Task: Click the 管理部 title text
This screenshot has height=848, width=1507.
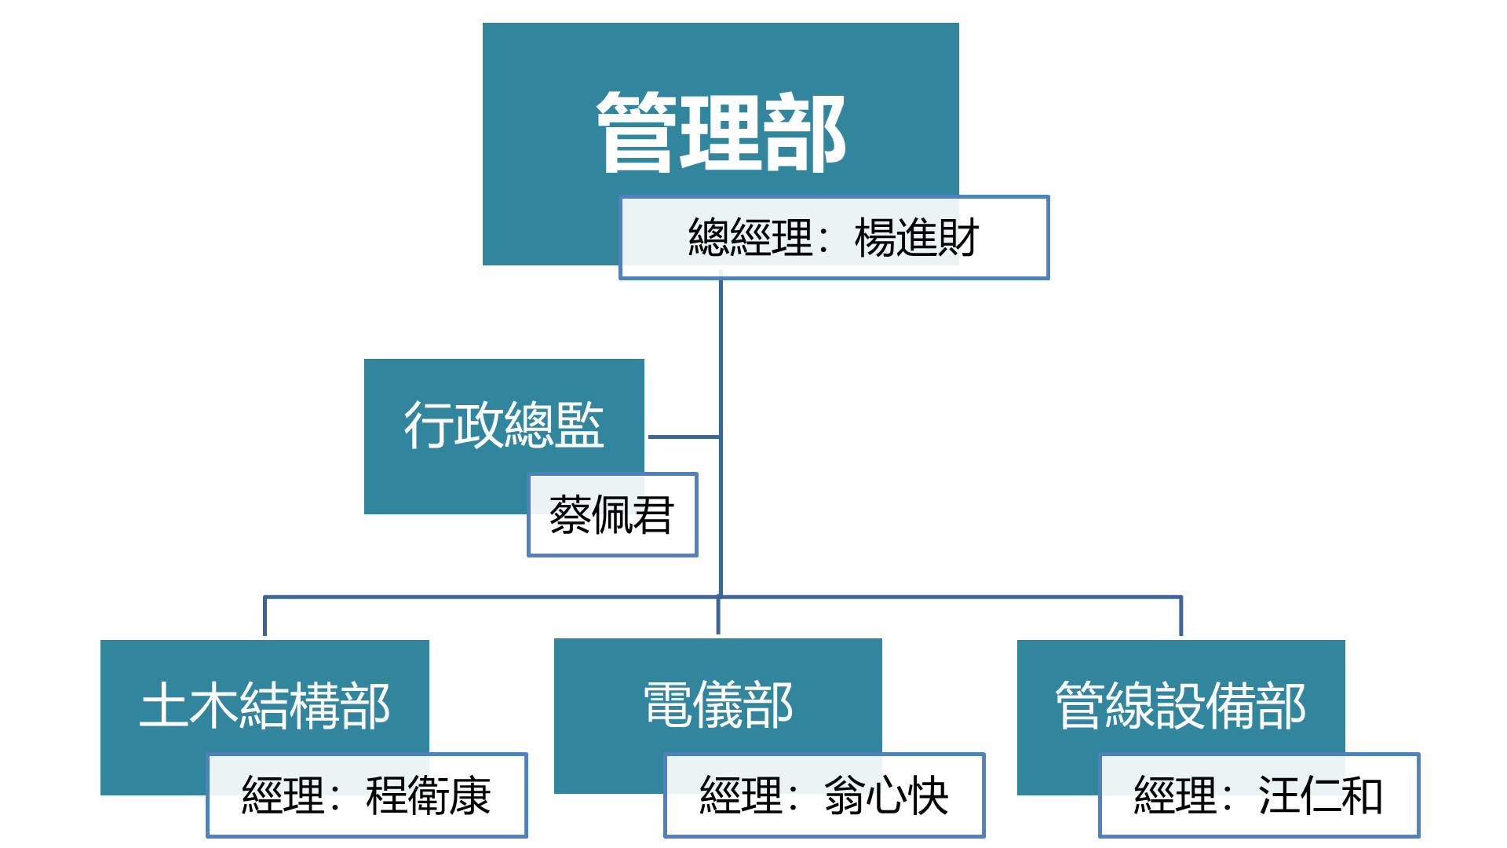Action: click(x=721, y=132)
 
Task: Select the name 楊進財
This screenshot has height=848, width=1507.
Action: click(x=916, y=238)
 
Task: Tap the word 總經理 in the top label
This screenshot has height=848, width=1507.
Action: click(x=750, y=238)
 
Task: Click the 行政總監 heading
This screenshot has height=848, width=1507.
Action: click(x=504, y=425)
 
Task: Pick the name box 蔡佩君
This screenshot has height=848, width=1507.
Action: click(x=611, y=516)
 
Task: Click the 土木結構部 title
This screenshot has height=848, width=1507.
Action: click(x=265, y=705)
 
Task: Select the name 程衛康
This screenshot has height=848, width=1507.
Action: click(x=429, y=796)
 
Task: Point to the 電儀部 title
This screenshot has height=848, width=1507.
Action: click(x=718, y=705)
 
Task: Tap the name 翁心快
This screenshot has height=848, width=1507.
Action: click(x=886, y=796)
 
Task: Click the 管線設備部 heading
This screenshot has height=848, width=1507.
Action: click(x=1180, y=705)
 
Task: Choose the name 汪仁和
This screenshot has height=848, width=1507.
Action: click(x=1320, y=796)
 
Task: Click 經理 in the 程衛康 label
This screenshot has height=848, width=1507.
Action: click(x=283, y=796)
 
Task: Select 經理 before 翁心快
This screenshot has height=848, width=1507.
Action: click(x=740, y=796)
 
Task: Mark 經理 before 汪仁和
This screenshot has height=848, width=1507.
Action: click(x=1175, y=796)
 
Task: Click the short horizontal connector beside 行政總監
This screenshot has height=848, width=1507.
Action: click(x=683, y=437)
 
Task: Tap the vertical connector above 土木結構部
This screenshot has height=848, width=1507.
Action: click(x=265, y=618)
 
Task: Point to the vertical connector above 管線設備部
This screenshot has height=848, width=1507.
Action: click(x=1180, y=618)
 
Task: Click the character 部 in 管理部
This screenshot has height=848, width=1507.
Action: click(x=805, y=132)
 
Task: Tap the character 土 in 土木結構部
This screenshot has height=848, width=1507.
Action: click(x=163, y=705)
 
